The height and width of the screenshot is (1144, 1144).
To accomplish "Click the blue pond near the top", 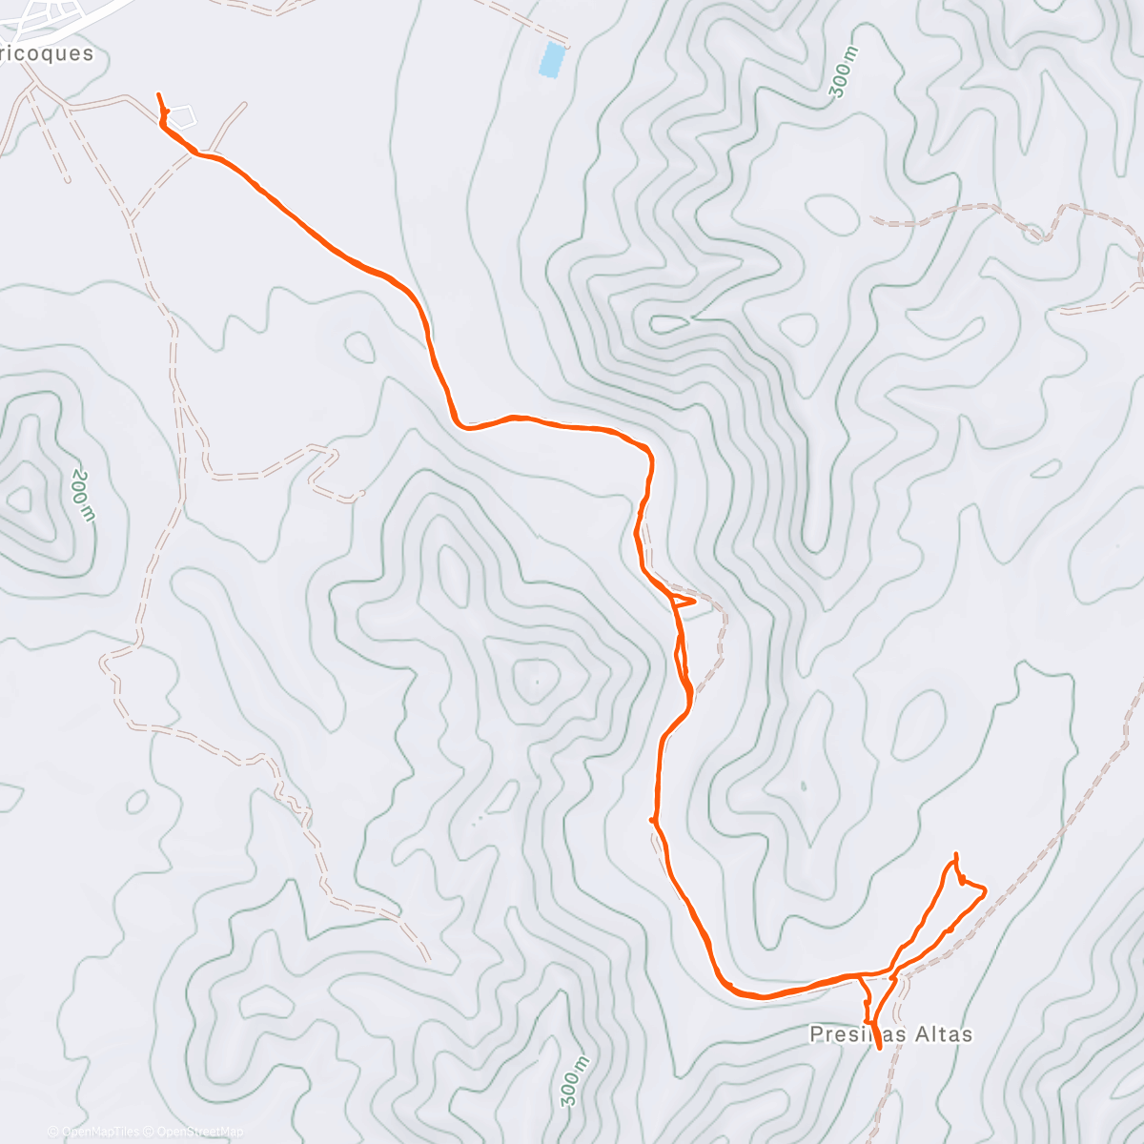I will tap(551, 59).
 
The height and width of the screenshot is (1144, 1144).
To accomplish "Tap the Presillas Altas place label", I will tap(890, 1034).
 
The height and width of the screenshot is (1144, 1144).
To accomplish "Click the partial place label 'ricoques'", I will tap(48, 53).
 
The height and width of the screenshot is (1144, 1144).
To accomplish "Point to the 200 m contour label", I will tap(84, 495).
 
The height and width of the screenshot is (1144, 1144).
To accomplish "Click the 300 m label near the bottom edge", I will tap(572, 1081).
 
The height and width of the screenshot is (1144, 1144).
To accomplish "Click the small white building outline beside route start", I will tap(183, 116).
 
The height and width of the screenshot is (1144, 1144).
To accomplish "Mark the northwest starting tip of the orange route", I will tap(158, 94).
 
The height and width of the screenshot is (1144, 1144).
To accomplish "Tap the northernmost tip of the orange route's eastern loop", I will tap(955, 854).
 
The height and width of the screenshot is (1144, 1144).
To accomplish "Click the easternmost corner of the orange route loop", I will tap(985, 889).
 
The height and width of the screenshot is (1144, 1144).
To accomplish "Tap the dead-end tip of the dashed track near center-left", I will tap(362, 493).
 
